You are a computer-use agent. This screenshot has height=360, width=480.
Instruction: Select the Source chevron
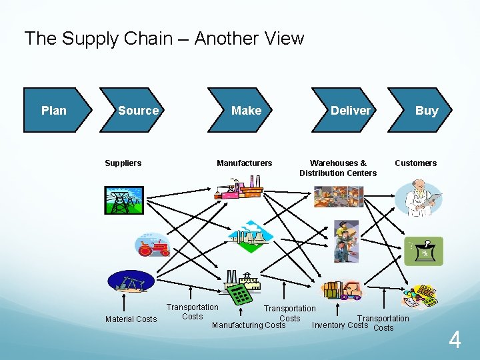click(x=138, y=111)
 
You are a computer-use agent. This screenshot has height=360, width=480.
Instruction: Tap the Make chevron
click(x=246, y=111)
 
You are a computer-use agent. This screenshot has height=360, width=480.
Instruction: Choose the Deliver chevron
click(x=350, y=111)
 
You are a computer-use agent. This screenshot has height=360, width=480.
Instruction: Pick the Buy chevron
click(x=425, y=111)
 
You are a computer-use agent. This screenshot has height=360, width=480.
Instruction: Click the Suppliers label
click(x=123, y=163)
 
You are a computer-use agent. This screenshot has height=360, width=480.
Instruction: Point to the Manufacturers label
click(x=244, y=163)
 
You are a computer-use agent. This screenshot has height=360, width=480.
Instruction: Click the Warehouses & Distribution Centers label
click(x=338, y=168)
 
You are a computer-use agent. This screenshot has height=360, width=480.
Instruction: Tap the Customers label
click(x=415, y=163)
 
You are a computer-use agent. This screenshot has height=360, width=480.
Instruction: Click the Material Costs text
click(x=131, y=319)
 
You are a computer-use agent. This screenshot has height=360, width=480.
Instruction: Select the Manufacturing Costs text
click(x=248, y=325)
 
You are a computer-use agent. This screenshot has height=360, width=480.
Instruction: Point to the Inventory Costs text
click(x=339, y=325)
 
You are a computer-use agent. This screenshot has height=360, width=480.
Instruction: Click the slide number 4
click(x=454, y=341)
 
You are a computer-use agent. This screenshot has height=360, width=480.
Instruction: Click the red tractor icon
click(x=153, y=246)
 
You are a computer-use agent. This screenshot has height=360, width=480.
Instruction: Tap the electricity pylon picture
click(x=123, y=199)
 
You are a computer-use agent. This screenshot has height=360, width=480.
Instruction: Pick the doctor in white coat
click(x=418, y=197)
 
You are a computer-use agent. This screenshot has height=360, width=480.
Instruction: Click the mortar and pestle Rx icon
click(x=424, y=251)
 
